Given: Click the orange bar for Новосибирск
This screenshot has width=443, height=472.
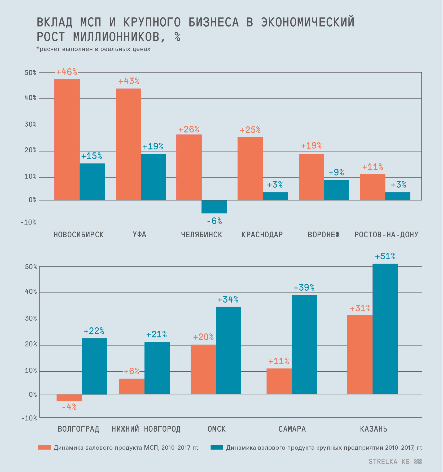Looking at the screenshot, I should (x=67, y=139).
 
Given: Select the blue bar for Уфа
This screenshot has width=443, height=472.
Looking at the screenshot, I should (x=153, y=177).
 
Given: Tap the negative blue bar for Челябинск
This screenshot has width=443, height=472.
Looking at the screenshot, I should (x=214, y=207).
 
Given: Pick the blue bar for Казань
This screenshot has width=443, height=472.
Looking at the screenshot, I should (x=385, y=329).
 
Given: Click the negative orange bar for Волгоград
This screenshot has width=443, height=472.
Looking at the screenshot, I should (x=69, y=397).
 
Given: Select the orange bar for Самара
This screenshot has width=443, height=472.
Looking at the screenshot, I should (x=279, y=381).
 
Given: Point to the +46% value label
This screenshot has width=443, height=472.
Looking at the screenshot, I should (x=67, y=72).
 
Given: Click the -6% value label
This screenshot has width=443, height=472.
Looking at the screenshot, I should (x=214, y=221).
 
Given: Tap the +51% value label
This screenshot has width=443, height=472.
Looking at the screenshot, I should (x=385, y=256).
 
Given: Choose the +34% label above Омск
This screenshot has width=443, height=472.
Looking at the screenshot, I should (x=228, y=300).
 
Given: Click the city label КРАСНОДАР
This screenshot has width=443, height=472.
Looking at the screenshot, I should (x=262, y=235).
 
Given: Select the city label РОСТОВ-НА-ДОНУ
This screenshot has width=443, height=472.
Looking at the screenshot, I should (x=386, y=235).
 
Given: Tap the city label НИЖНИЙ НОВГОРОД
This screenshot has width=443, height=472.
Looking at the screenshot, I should (x=146, y=429).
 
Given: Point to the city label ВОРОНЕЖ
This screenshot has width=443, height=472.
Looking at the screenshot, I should (x=324, y=235).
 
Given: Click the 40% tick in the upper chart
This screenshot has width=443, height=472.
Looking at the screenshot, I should (x=30, y=98).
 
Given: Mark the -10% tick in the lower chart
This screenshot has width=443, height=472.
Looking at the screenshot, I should (x=29, y=418).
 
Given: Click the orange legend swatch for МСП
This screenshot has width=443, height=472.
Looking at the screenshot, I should (x=44, y=447).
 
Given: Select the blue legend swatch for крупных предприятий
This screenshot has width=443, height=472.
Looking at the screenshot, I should (x=217, y=447).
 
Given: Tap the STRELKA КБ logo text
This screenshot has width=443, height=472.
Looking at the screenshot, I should (x=389, y=462).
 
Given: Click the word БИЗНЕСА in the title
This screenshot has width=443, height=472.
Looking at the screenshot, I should (x=213, y=22).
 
